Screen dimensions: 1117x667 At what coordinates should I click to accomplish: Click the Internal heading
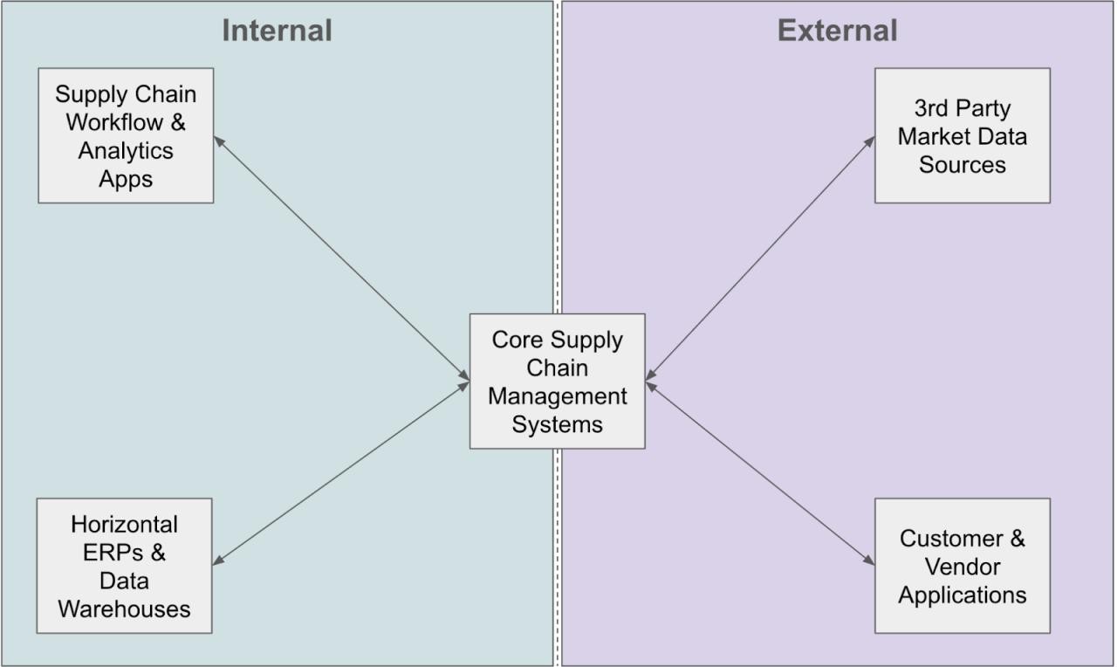tap(278, 31)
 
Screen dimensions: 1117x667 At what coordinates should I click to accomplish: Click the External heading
tap(838, 31)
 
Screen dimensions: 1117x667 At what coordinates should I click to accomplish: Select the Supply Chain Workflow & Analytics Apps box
tap(126, 135)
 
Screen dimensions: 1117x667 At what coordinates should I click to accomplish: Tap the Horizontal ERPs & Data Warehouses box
tap(124, 566)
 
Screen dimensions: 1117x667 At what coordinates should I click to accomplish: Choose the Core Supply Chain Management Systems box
tap(558, 382)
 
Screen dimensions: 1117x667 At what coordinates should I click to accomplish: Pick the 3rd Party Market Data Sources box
tap(963, 135)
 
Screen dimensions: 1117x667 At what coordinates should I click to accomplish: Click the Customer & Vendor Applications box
tap(963, 566)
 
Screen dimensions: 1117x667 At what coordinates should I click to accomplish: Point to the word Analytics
tap(126, 151)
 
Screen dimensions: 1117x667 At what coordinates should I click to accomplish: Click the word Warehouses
tap(124, 609)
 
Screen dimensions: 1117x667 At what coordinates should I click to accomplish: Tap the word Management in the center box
tap(558, 396)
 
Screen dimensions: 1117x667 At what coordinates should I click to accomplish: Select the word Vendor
tap(963, 567)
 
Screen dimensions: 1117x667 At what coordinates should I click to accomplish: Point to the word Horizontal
tap(124, 525)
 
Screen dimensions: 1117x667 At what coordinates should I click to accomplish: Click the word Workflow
tap(114, 122)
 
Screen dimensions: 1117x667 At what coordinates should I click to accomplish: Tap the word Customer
tap(951, 539)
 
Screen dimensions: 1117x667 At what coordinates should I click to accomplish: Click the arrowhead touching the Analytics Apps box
tap(219, 141)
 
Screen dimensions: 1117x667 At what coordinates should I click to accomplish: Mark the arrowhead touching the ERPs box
tap(218, 561)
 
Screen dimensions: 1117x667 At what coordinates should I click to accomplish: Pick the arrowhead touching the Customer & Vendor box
tap(869, 560)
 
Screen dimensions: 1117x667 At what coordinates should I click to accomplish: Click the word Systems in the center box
tap(558, 425)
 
